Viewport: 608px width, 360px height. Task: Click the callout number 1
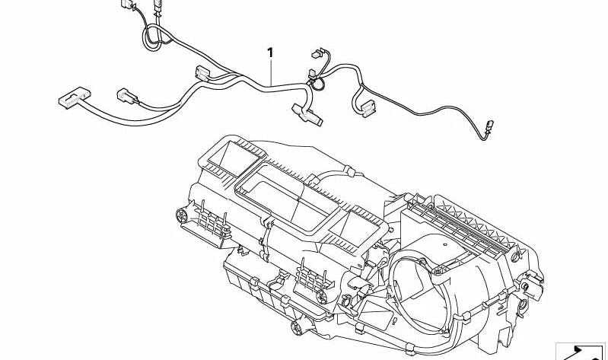tap(270, 53)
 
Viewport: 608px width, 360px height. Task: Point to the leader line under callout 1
tap(271, 72)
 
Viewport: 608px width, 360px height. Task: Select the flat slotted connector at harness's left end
tap(75, 97)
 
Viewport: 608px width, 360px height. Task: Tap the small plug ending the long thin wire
tap(489, 126)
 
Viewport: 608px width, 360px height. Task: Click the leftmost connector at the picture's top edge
tap(127, 4)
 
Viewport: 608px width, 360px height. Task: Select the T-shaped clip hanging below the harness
tap(307, 115)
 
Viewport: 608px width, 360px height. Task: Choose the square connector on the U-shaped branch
tap(368, 108)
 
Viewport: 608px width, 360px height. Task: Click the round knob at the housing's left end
tap(181, 215)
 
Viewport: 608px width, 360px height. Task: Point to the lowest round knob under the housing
tap(297, 328)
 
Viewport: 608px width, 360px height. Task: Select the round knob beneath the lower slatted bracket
tap(322, 297)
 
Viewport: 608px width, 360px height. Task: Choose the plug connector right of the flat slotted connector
tap(127, 95)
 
